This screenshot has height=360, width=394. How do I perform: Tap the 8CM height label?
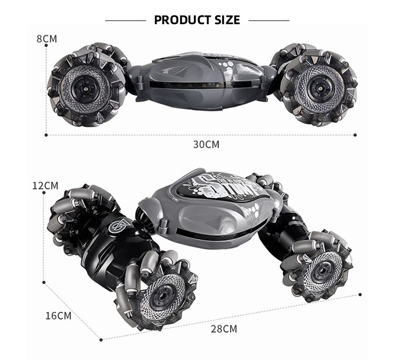[47, 39]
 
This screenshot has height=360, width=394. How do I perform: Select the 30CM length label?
[206, 144]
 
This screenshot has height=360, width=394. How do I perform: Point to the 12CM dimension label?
[45, 186]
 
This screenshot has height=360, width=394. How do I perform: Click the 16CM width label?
[58, 315]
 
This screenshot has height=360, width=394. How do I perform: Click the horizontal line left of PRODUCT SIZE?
[125, 20]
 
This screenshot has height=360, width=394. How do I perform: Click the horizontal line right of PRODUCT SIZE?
[268, 20]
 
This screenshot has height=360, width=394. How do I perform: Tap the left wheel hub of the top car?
[86, 87]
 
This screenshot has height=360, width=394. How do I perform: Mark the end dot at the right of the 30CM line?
[355, 135]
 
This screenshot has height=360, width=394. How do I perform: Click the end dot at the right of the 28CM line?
[360, 295]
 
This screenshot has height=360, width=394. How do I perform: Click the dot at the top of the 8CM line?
[47, 46]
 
